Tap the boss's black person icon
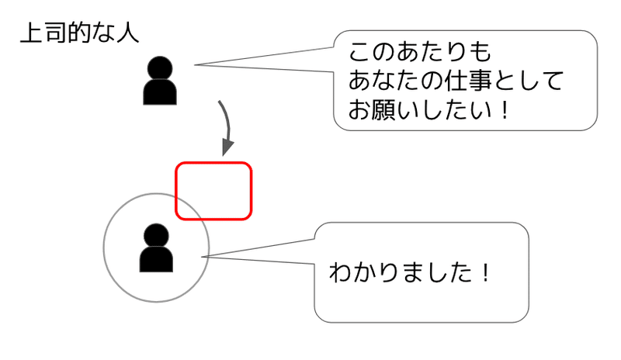click(161, 81)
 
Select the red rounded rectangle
click(213, 191)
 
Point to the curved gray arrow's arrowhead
click(227, 147)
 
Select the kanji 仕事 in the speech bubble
click(480, 81)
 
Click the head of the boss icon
click(161, 68)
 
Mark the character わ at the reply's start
click(341, 272)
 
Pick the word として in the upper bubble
click(535, 81)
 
